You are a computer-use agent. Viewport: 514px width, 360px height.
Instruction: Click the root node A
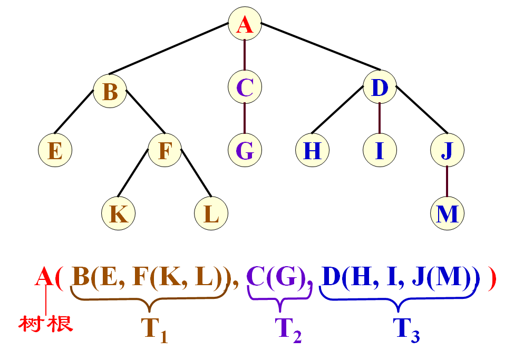245,24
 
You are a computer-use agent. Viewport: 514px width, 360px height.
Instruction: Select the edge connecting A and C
245,56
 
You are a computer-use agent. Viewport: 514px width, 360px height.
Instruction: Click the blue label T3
407,330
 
